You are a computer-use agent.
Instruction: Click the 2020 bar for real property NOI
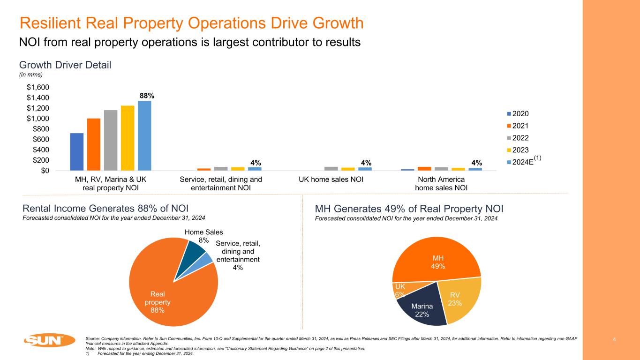coord(77,152)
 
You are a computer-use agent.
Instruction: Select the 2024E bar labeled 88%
coord(144,136)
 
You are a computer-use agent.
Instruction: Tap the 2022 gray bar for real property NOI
coord(111,140)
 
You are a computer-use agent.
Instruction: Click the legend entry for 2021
coord(521,126)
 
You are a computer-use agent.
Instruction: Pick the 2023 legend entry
coord(521,150)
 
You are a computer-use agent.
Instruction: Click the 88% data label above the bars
coord(147,96)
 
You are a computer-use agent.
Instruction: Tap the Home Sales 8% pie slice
coord(196,250)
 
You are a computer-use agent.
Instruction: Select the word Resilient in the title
coord(52,23)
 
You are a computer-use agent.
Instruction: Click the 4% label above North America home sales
coord(477,163)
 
